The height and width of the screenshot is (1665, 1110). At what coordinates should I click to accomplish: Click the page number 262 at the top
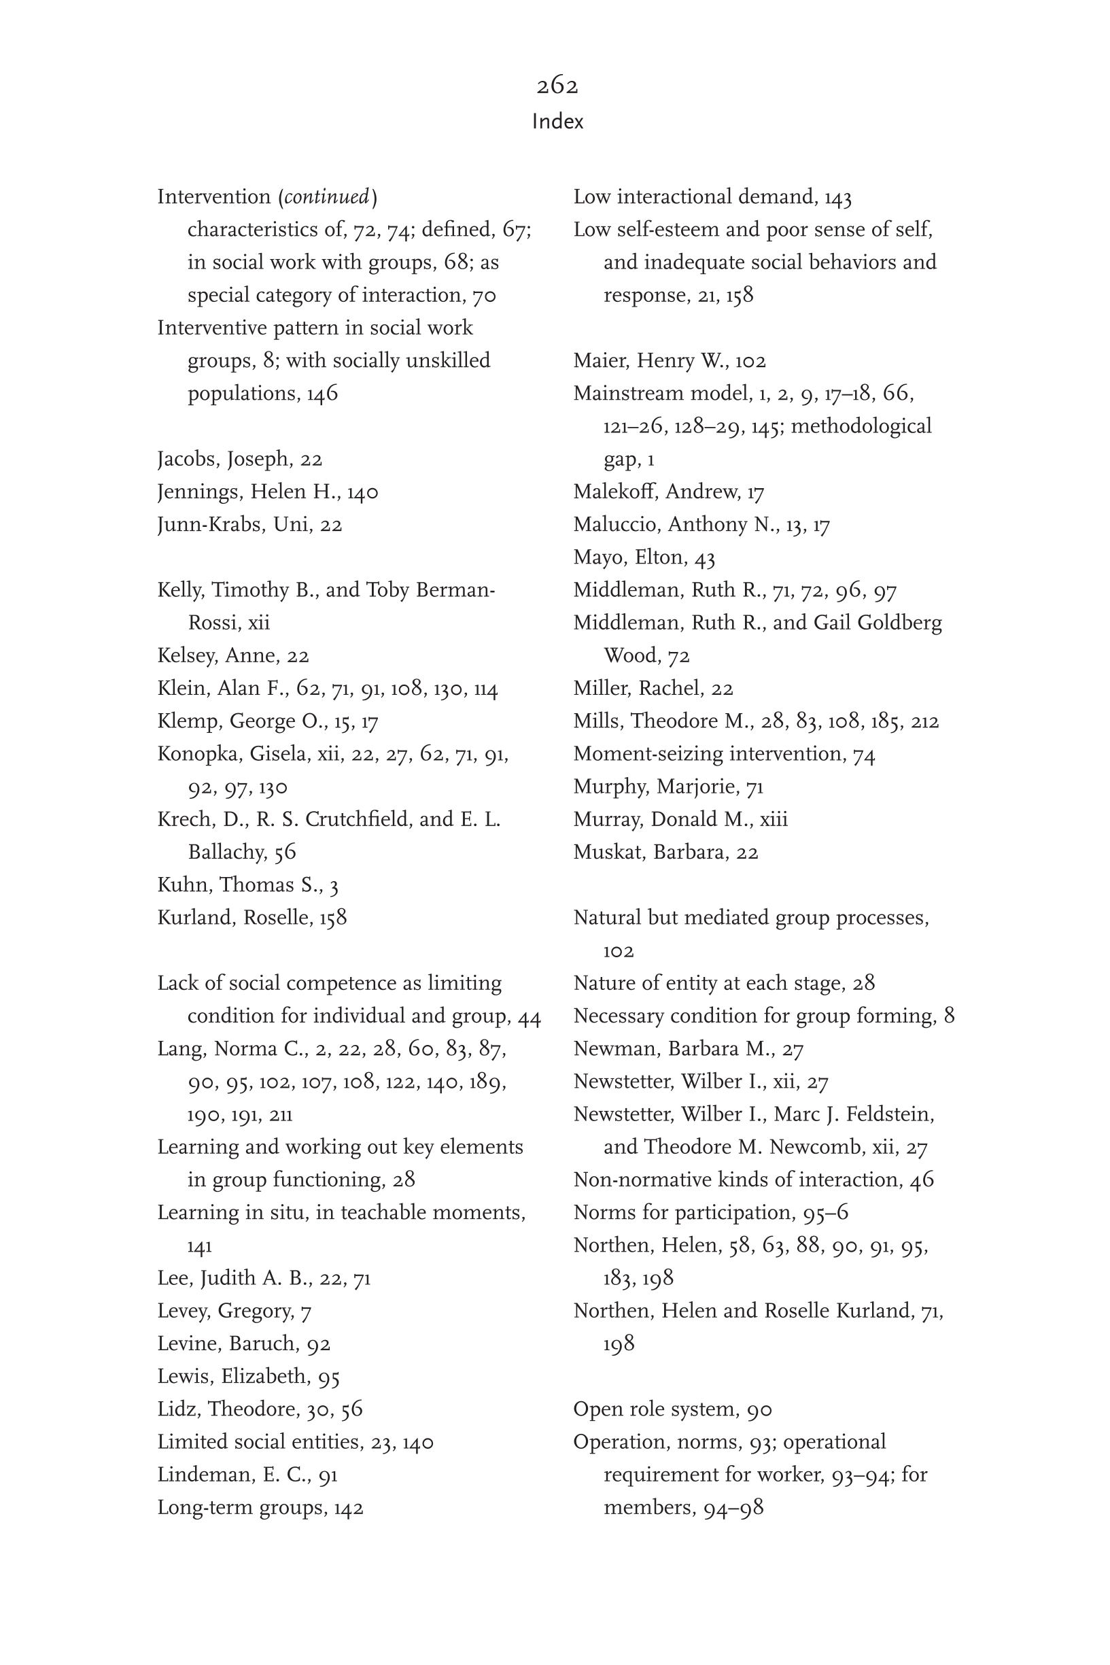tap(557, 86)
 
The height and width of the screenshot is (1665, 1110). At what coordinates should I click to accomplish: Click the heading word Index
tap(557, 122)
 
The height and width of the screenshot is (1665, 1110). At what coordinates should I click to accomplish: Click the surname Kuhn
tap(184, 885)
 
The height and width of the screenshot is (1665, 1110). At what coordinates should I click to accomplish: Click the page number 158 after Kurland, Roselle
tap(332, 917)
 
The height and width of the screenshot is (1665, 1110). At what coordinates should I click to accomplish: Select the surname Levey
tap(183, 1311)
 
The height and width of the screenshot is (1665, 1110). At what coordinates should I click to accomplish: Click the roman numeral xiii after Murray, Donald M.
tap(773, 820)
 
